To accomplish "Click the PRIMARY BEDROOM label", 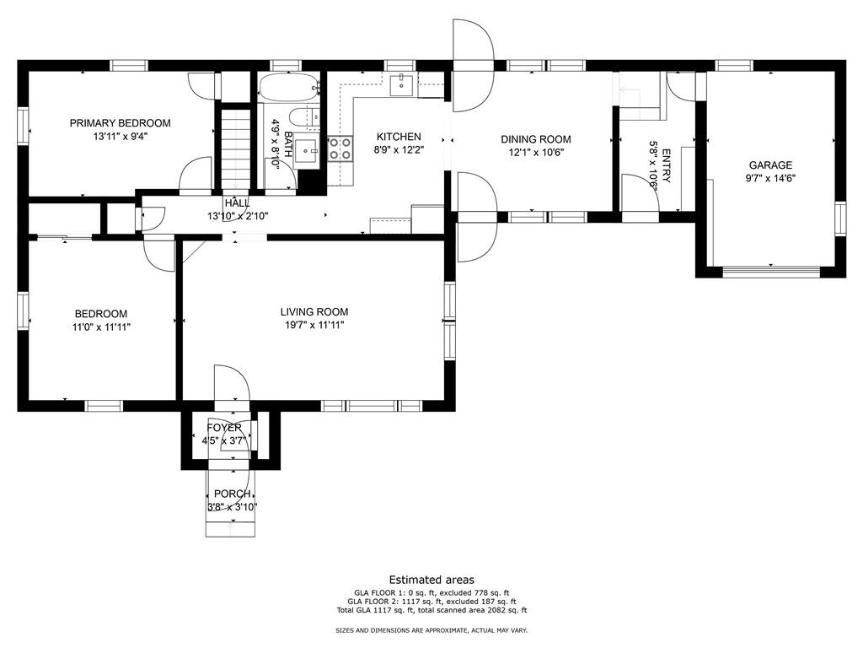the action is (120, 123).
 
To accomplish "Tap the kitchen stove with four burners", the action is (340, 148).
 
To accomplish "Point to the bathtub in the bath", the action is (288, 88).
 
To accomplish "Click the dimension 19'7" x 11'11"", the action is (314, 325).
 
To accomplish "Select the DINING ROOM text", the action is (535, 139).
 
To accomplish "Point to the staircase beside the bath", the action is (236, 149).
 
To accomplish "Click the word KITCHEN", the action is (399, 137).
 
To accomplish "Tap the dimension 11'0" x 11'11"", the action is (101, 327).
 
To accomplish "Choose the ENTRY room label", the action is (666, 165).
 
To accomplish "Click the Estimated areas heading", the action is (431, 580).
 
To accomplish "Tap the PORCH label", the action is (233, 494).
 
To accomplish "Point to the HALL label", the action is (237, 203).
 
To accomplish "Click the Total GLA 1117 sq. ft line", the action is (432, 611).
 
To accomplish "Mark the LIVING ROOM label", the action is (314, 312).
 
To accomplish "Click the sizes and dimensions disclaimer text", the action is (432, 630).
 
